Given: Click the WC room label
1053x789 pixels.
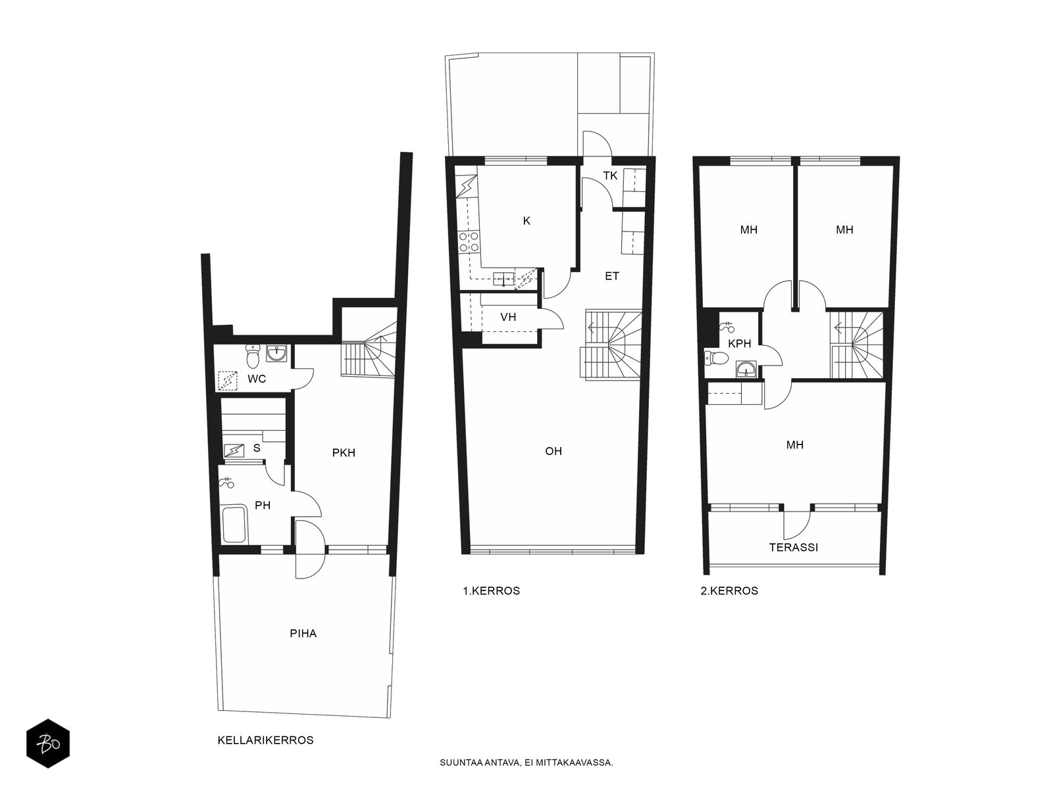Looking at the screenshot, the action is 257,379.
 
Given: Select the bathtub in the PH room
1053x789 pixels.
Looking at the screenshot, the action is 234,525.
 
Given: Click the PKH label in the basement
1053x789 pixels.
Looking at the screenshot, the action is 344,453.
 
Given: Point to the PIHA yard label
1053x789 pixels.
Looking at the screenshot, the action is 303,633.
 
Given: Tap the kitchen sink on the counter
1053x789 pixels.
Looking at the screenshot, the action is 503,278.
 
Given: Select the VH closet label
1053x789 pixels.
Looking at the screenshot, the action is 508,317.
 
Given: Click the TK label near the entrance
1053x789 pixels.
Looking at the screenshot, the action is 610,176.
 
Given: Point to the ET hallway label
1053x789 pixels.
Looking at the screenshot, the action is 611,276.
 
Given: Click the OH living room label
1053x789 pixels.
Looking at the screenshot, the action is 553,451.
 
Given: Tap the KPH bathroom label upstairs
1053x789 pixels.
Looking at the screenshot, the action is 739,343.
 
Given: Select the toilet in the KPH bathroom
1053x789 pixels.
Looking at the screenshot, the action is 716,358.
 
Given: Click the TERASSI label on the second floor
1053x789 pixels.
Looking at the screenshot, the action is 794,547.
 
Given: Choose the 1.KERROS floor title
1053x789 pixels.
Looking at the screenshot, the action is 491,590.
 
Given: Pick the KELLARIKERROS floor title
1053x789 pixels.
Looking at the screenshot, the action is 265,740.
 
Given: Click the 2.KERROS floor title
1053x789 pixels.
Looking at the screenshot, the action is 729,590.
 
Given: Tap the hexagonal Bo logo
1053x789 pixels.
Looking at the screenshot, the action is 48,744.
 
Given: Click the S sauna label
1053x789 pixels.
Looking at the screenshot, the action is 257,448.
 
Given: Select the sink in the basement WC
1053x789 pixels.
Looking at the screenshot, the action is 277,354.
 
